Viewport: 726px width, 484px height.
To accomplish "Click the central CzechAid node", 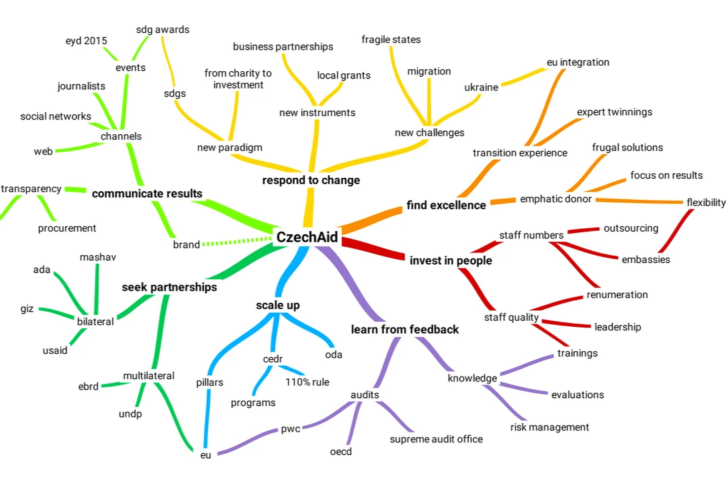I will [x=307, y=237].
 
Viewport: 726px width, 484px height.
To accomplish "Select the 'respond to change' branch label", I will [x=311, y=180].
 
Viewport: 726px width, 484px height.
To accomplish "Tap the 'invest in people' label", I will [x=451, y=260].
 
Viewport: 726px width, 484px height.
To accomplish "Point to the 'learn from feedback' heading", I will [x=405, y=329].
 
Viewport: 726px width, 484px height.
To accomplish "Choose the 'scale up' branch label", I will [x=277, y=305].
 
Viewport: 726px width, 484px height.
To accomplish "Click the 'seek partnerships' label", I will [x=169, y=287].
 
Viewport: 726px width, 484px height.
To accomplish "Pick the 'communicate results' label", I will [x=147, y=193].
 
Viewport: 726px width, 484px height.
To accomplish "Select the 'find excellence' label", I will [x=446, y=205].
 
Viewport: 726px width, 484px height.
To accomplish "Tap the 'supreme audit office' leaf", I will [x=436, y=439].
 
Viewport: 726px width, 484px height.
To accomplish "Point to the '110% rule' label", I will [x=307, y=382].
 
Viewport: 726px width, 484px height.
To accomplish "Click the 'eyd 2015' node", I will [x=86, y=41].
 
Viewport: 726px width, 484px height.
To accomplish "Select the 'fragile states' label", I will [x=391, y=40].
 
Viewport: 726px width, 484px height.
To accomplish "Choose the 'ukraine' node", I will [x=481, y=87].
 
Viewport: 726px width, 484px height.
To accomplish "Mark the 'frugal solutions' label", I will [x=627, y=148].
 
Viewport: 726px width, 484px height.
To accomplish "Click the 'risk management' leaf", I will [x=549, y=427].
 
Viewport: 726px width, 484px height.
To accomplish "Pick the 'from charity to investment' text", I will [x=238, y=79].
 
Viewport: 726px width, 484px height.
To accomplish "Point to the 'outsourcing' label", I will [x=631, y=228].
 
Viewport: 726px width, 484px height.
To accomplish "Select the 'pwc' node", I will [x=290, y=429].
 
